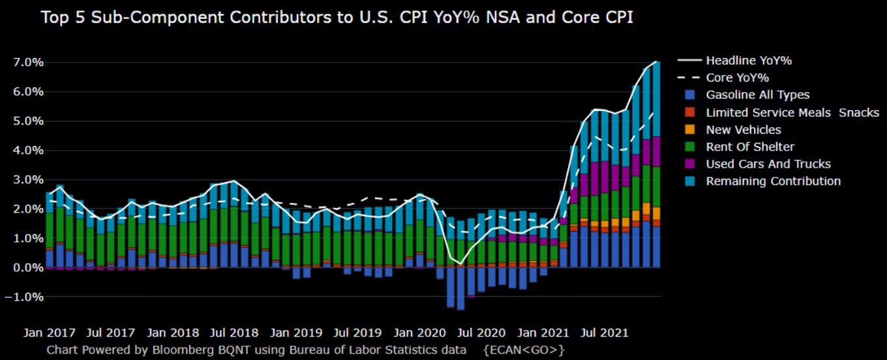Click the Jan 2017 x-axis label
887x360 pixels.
pos(50,333)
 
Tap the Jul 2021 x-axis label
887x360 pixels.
pos(605,333)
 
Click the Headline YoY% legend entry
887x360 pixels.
pos(749,61)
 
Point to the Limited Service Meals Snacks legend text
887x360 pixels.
pos(792,112)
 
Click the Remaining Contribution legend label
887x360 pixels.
pos(773,181)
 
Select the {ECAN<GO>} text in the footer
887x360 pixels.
pos(524,350)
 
